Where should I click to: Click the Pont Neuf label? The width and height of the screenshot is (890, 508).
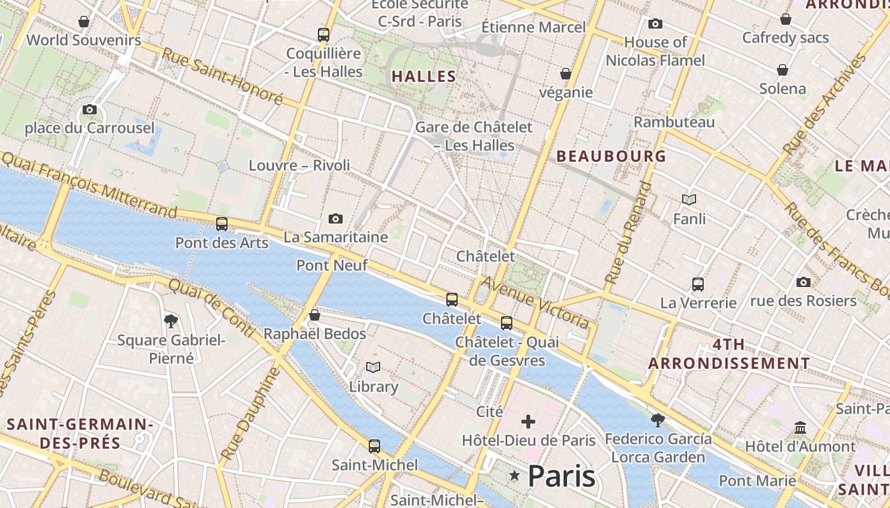pos(332,265)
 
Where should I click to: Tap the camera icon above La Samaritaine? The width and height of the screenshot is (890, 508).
pos(336,219)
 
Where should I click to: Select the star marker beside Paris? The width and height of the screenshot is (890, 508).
pos(514,476)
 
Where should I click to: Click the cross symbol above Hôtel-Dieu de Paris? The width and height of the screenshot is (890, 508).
pos(528,422)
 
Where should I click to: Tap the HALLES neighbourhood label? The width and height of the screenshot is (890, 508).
pos(424,77)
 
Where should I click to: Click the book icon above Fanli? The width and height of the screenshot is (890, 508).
pos(689,200)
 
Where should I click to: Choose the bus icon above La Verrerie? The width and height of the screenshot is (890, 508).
pos(698,284)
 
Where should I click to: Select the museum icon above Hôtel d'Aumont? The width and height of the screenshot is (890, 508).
pos(800,427)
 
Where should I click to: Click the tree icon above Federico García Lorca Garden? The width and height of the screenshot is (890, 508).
pos(658,420)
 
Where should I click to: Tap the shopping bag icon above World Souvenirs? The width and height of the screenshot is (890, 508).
pos(83,22)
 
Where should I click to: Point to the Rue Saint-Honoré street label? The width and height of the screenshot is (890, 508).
pos(222,76)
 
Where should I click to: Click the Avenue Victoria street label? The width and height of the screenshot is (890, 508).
pos(535,302)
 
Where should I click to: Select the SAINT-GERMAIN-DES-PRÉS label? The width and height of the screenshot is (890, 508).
pos(80,433)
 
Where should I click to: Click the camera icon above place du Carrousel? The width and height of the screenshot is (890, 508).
pos(90,109)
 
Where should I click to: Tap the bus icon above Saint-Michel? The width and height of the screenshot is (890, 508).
pos(374,446)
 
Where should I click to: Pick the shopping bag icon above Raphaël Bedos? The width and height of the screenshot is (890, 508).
pos(314,315)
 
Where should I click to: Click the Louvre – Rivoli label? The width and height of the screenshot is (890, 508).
pos(299,165)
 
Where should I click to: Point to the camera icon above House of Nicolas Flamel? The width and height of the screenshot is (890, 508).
pos(655,24)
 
